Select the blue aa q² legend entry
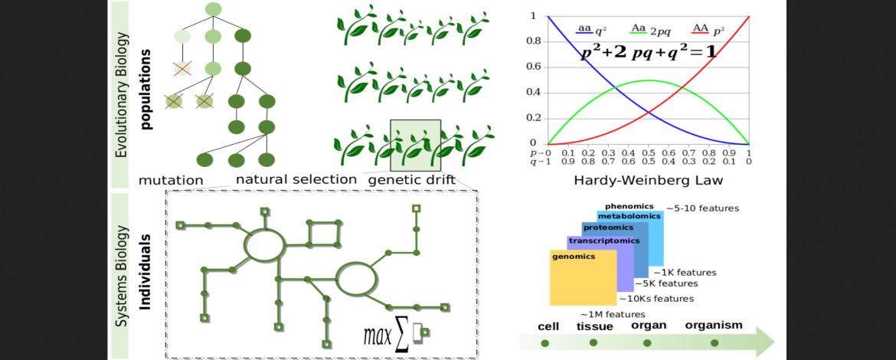point(592,30)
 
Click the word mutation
point(171,181)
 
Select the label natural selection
point(296,180)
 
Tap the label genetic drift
point(412,181)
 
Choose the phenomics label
point(629,206)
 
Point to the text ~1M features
point(612,314)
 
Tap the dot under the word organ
point(647,342)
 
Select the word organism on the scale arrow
point(713,325)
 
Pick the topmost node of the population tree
point(214,9)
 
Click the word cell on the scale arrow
point(548,326)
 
